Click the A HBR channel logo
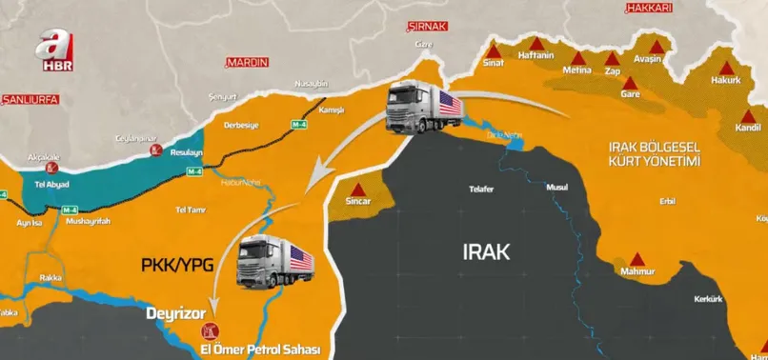(54, 53)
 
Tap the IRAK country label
(486, 252)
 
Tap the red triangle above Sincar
(358, 188)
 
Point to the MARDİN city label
(248, 62)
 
